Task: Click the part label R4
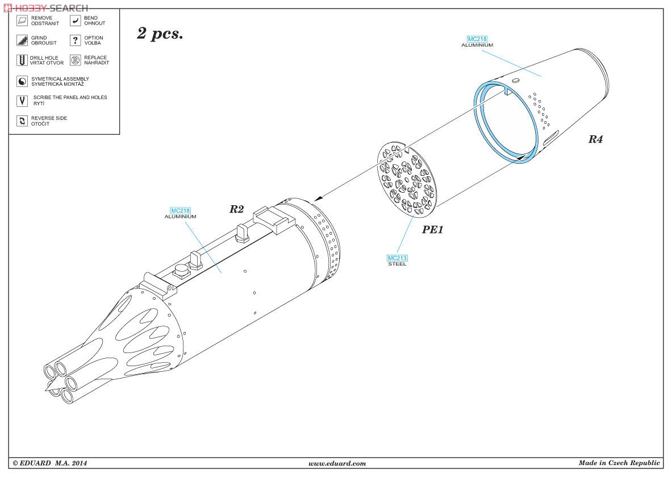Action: pyautogui.click(x=595, y=139)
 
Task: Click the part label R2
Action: pyautogui.click(x=236, y=209)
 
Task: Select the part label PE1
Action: pyautogui.click(x=432, y=230)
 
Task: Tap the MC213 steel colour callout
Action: pyautogui.click(x=397, y=260)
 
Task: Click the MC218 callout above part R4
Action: pyautogui.click(x=477, y=42)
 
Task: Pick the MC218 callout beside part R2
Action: pyautogui.click(x=181, y=213)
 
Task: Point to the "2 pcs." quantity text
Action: pyautogui.click(x=160, y=34)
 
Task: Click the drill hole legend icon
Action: pyautogui.click(x=22, y=60)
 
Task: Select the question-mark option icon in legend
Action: pyautogui.click(x=75, y=40)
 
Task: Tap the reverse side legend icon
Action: pyautogui.click(x=22, y=121)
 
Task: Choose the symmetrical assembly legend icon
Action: pyautogui.click(x=22, y=81)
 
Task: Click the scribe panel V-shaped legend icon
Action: pyautogui.click(x=22, y=101)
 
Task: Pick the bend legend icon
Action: pyautogui.click(x=75, y=20)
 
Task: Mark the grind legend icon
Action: pyautogui.click(x=22, y=40)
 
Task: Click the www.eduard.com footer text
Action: pyautogui.click(x=337, y=463)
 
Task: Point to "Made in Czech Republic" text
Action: pyautogui.click(x=619, y=462)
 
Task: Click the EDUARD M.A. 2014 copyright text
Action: pyautogui.click(x=50, y=463)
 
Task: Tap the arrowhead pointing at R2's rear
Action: pyautogui.click(x=318, y=198)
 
